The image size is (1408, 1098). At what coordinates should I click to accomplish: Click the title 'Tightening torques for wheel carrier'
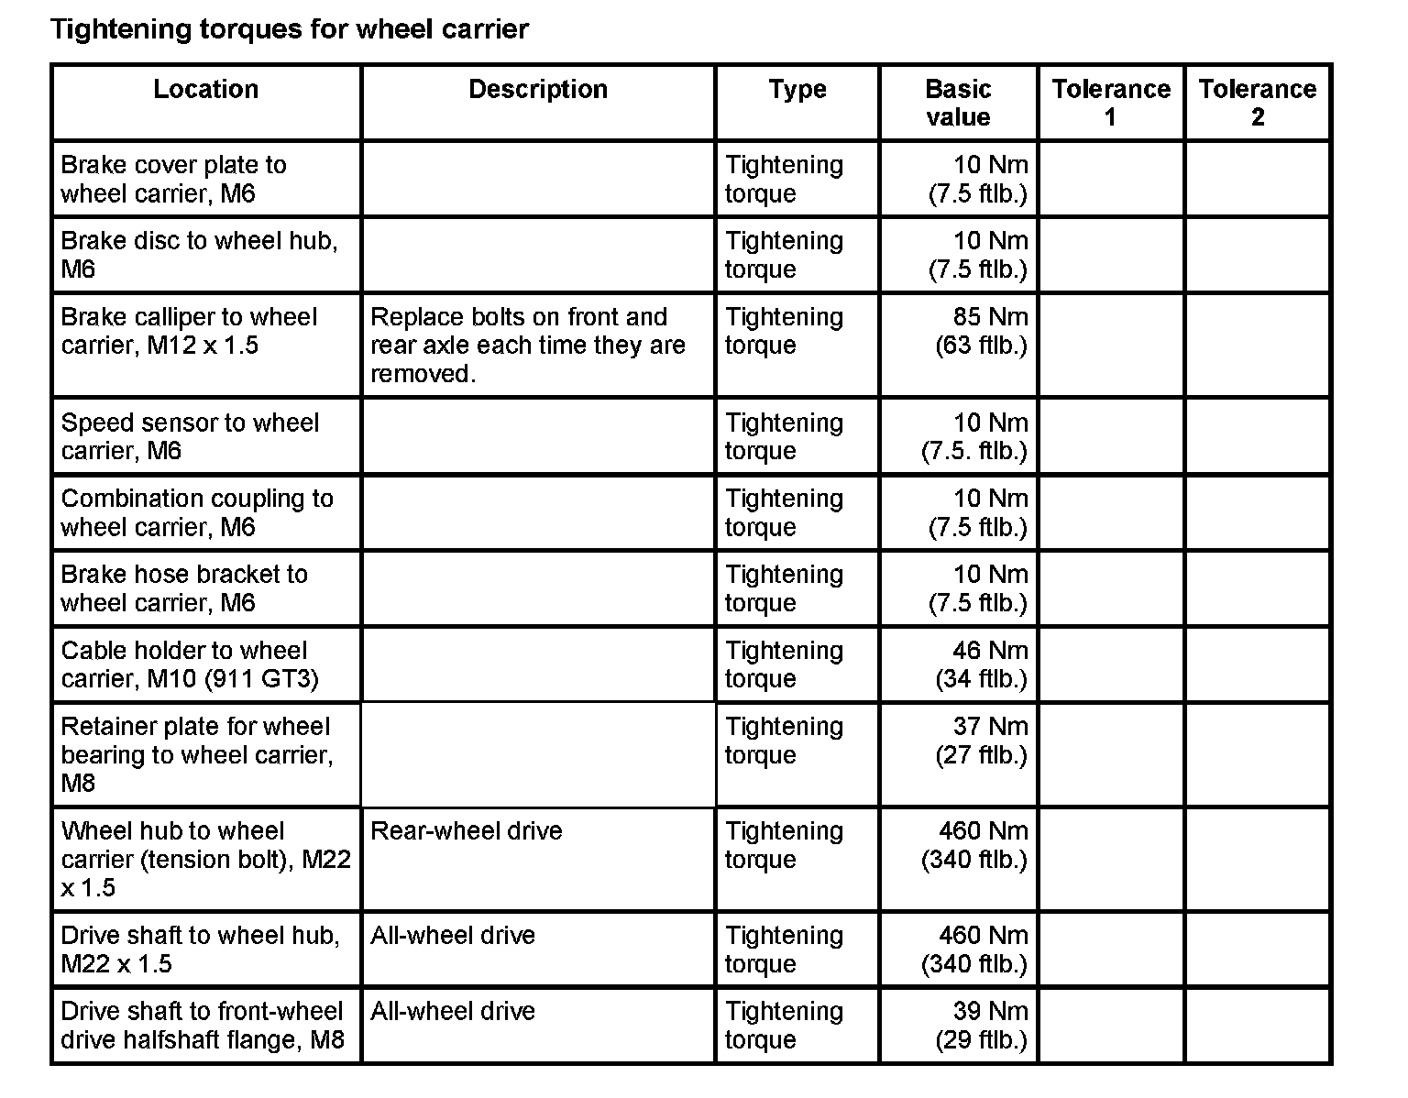(x=289, y=29)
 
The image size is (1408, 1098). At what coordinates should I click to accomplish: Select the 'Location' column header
(x=206, y=90)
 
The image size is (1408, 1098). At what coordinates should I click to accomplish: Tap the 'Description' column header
(x=538, y=90)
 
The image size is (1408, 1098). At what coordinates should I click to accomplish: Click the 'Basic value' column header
(x=958, y=103)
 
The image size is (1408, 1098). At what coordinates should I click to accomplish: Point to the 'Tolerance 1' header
(x=1111, y=103)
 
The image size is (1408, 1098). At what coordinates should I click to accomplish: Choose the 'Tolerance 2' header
(x=1257, y=103)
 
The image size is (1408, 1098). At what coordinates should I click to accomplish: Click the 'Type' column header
(x=797, y=90)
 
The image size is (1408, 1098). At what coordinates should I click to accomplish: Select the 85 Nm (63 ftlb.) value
(x=981, y=331)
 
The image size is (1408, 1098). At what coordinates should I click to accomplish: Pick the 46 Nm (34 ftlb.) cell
(x=981, y=664)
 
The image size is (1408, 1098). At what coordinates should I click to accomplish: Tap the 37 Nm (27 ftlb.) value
(x=981, y=741)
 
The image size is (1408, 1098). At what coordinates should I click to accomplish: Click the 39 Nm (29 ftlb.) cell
(x=981, y=1026)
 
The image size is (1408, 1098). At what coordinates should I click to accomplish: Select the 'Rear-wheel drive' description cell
(x=467, y=831)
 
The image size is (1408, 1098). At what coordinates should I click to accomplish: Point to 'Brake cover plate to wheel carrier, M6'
(x=174, y=179)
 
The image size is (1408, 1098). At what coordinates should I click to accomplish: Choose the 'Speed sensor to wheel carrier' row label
(x=190, y=436)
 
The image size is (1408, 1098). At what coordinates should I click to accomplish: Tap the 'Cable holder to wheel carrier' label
(x=190, y=664)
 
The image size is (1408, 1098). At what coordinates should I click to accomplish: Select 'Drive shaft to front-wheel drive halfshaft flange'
(x=203, y=1026)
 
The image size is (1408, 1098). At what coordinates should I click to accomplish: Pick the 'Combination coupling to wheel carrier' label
(x=197, y=512)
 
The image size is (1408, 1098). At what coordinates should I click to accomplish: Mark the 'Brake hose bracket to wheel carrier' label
(x=184, y=588)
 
